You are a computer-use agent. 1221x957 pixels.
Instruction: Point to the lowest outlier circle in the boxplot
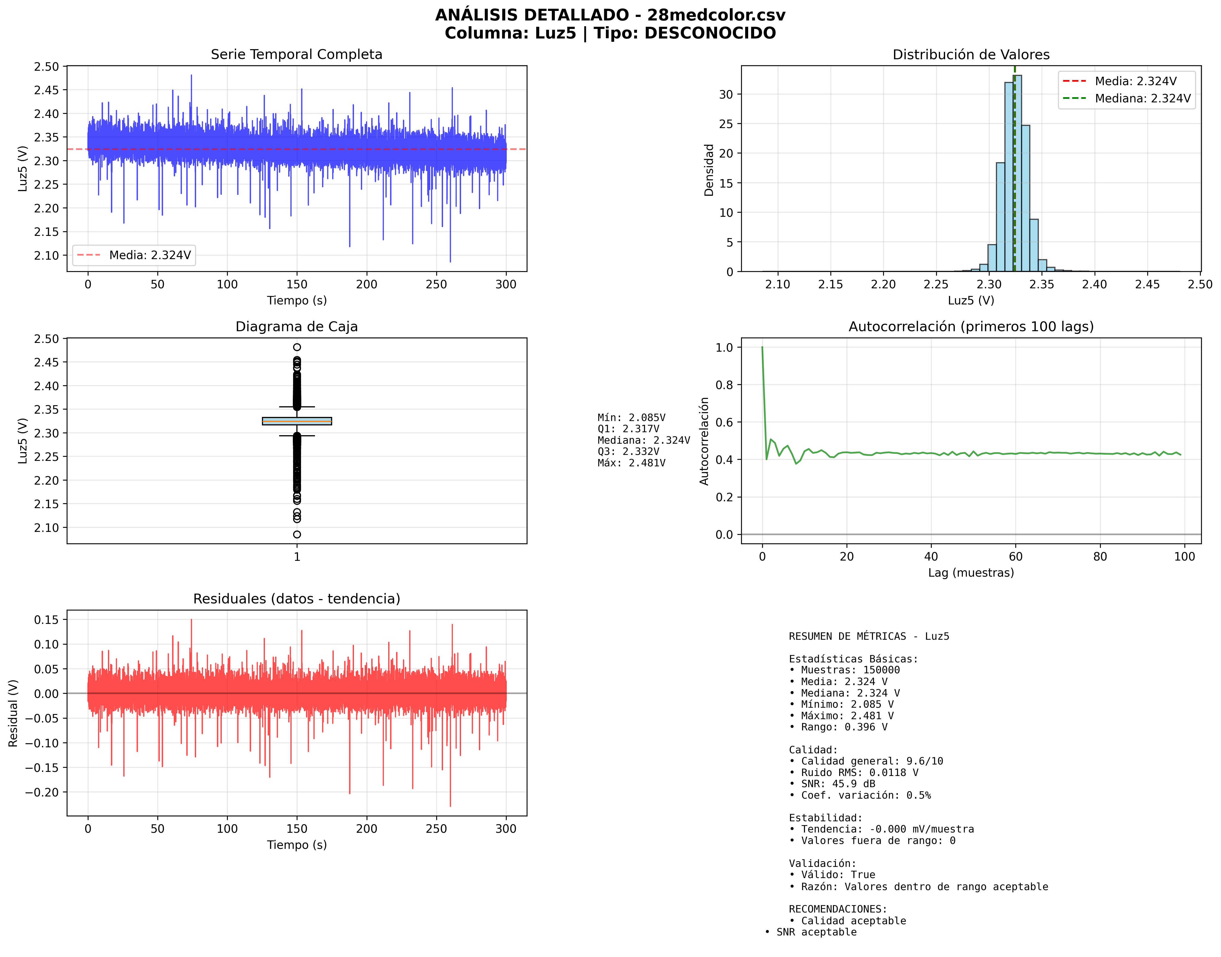coord(297,535)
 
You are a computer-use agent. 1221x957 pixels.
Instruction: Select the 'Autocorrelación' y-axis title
coord(704,441)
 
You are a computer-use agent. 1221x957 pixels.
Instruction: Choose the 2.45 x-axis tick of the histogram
coord(1147,285)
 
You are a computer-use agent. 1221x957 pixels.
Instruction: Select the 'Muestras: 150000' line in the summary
coord(850,670)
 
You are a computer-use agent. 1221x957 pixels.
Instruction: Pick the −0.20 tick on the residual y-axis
coord(43,792)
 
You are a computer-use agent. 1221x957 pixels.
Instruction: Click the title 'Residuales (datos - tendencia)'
coord(297,599)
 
